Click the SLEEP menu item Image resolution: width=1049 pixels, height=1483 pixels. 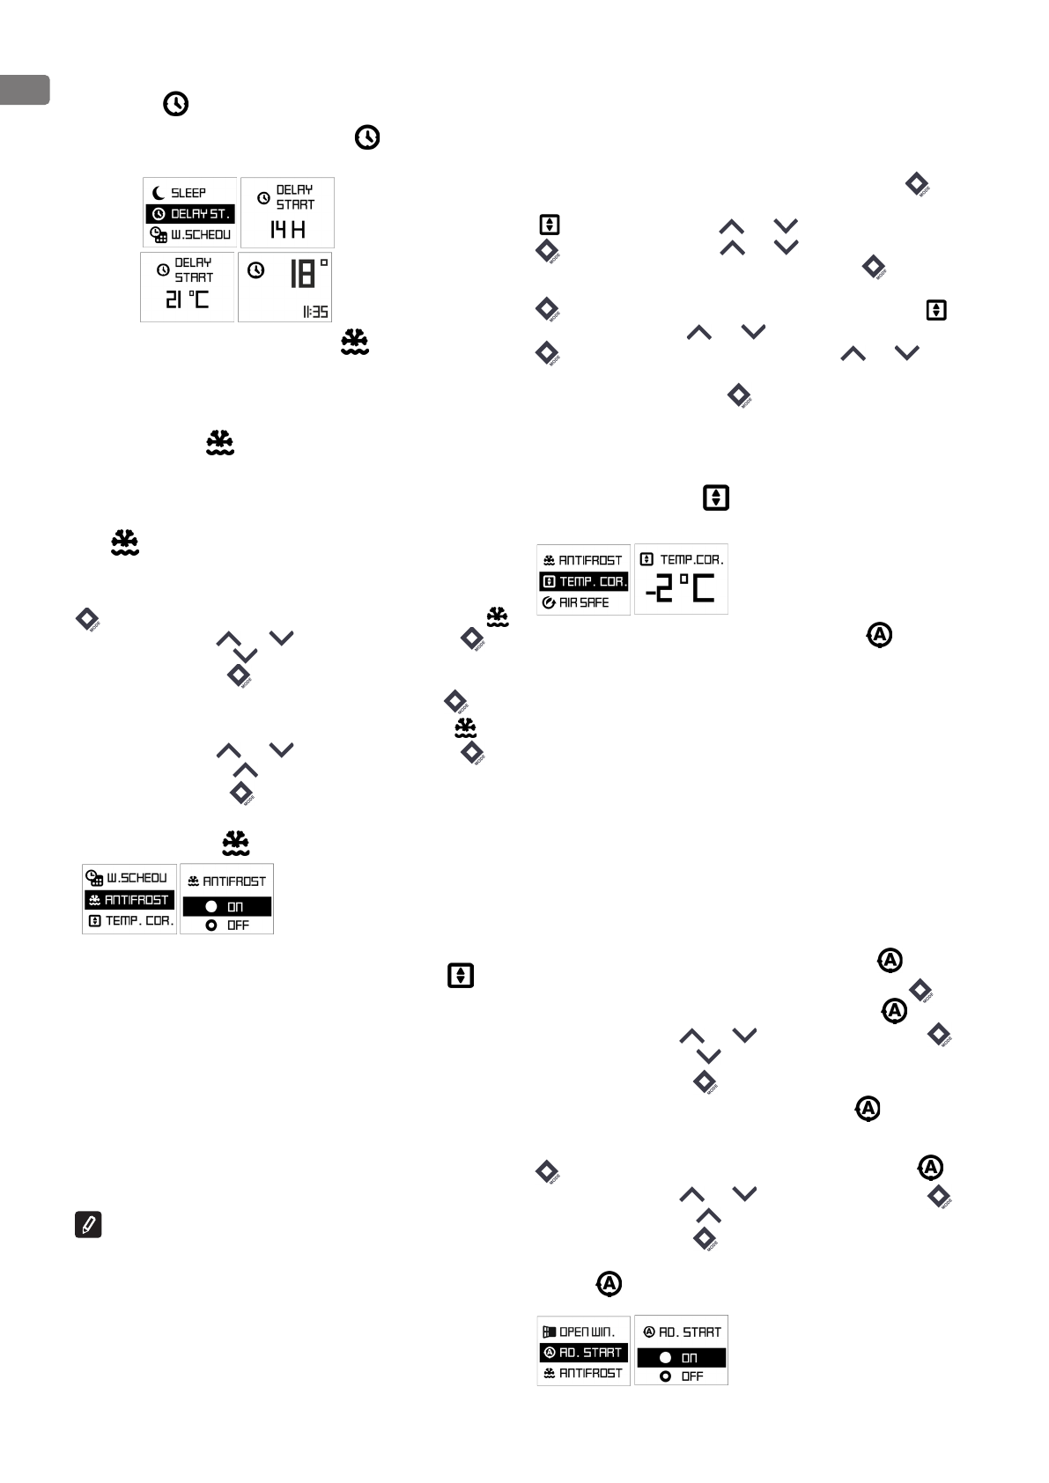pyautogui.click(x=188, y=193)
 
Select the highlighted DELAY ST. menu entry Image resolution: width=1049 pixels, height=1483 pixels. pyautogui.click(x=190, y=214)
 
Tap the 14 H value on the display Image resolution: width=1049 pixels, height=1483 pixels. pyautogui.click(x=287, y=231)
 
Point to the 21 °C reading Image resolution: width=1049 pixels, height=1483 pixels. pyautogui.click(x=188, y=299)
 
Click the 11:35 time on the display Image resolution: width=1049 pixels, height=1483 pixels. pyautogui.click(x=315, y=312)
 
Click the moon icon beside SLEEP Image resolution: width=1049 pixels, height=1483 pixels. pyautogui.click(x=159, y=193)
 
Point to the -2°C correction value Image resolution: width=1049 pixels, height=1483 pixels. pyautogui.click(x=680, y=589)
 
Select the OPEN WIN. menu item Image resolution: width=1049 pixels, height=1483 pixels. pyautogui.click(x=583, y=1332)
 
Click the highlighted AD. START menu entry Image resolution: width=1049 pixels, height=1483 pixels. pyautogui.click(x=583, y=1353)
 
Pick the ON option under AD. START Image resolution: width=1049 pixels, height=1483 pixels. pyautogui.click(x=681, y=1358)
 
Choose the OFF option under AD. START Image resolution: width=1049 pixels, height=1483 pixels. pyautogui.click(x=681, y=1376)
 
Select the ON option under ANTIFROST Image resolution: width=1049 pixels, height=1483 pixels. pyautogui.click(x=226, y=907)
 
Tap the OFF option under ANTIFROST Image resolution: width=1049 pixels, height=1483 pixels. pyautogui.click(x=226, y=926)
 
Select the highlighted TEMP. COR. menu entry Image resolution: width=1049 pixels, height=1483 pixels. pyautogui.click(x=583, y=581)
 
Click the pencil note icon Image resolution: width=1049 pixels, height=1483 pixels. pyautogui.click(x=88, y=1224)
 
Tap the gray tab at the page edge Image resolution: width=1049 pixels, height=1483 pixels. pyautogui.click(x=24, y=90)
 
